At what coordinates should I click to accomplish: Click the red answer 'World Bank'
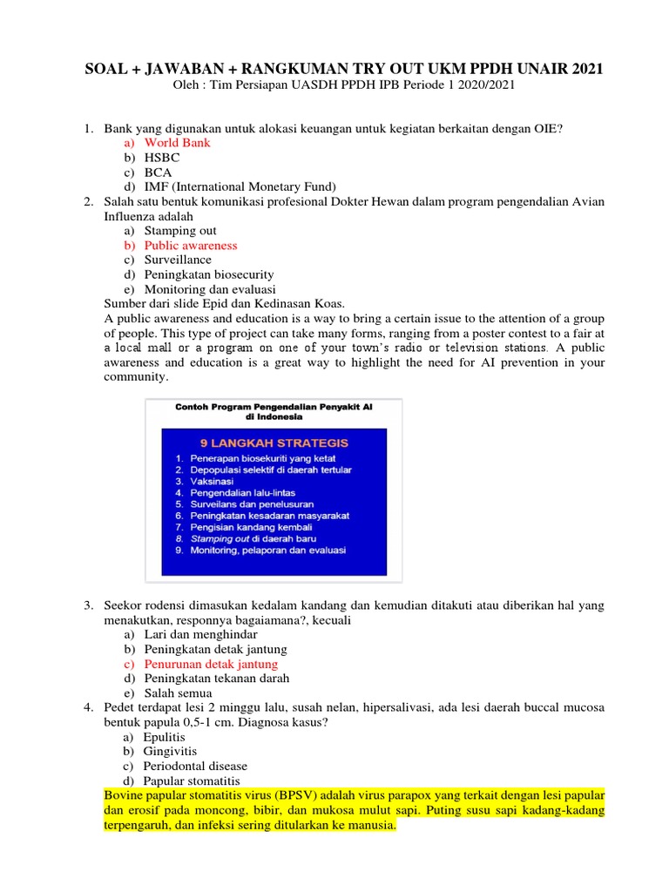pyautogui.click(x=177, y=143)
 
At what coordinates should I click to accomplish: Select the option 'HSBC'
pyautogui.click(x=162, y=158)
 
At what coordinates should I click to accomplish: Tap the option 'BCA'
pyautogui.click(x=158, y=172)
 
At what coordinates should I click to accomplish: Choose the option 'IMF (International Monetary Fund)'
pyautogui.click(x=240, y=186)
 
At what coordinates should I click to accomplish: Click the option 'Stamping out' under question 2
pyautogui.click(x=180, y=231)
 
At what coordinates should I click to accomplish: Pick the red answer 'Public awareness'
pyautogui.click(x=191, y=246)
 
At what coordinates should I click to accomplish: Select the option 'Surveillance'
pyautogui.click(x=178, y=260)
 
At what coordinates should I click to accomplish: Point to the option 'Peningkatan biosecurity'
pyautogui.click(x=209, y=274)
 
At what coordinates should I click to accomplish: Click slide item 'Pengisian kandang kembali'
pyautogui.click(x=249, y=527)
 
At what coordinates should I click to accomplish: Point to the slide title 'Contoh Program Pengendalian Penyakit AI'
pyautogui.click(x=274, y=407)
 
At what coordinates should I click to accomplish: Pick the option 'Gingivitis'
pyautogui.click(x=171, y=751)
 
